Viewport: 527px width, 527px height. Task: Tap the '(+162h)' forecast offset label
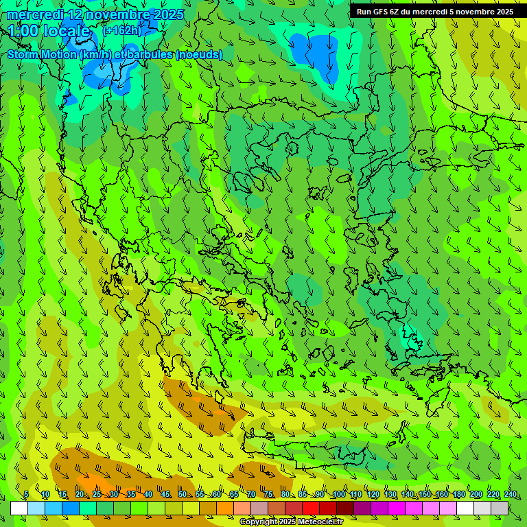[121, 31]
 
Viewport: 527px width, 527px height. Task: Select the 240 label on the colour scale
[511, 494]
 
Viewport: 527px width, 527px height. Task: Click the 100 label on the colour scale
[338, 494]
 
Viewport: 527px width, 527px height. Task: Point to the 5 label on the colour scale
[26, 494]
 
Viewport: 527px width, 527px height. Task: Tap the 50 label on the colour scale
[183, 494]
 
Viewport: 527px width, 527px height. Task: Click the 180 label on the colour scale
[458, 494]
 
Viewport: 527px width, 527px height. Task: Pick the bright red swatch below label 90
[311, 508]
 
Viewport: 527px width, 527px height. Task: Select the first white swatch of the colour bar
[19, 508]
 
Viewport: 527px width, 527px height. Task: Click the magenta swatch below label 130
[397, 508]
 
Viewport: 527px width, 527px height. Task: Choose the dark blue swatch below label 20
[71, 508]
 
